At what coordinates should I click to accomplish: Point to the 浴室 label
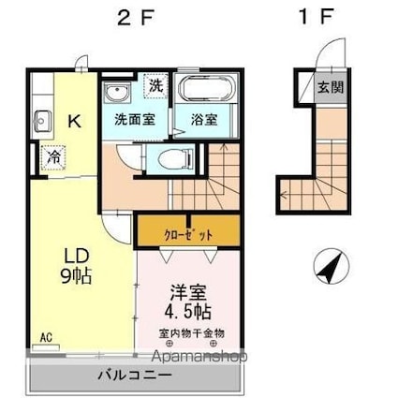click(x=204, y=120)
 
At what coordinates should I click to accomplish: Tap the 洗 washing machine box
click(x=155, y=85)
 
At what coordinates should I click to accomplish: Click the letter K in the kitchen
click(x=75, y=119)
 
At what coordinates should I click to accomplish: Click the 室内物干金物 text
click(x=191, y=332)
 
